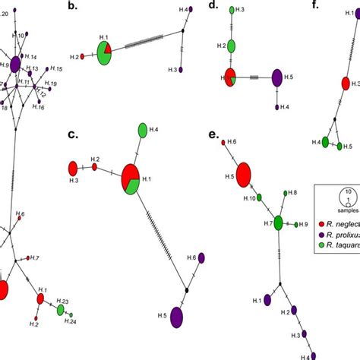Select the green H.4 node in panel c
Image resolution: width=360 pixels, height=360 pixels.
pos(142,131)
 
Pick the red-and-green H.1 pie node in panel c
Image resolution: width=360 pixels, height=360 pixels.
pos(130,180)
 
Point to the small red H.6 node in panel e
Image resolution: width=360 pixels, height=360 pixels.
pos(223,142)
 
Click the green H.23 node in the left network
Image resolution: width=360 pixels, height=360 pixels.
pos(60,310)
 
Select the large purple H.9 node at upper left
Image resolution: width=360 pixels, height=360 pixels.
pos(14,65)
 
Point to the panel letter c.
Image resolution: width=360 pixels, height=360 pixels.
pos(73,134)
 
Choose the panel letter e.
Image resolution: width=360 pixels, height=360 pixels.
pos(213,134)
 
